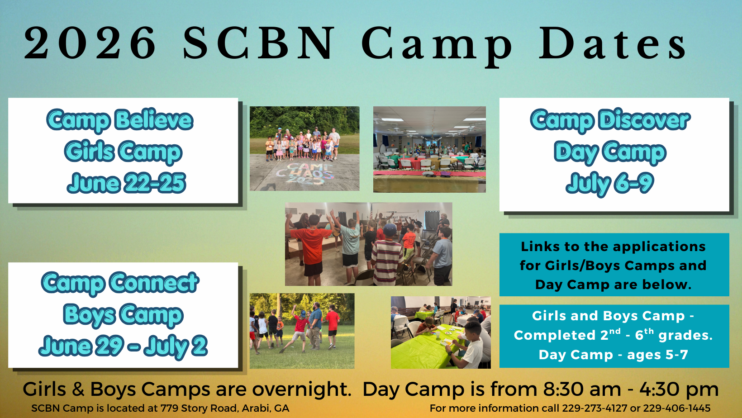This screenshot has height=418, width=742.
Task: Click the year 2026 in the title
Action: [90, 43]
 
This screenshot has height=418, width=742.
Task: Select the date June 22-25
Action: [126, 182]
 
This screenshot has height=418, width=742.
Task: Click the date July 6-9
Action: [610, 183]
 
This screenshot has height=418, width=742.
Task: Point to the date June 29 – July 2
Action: [123, 346]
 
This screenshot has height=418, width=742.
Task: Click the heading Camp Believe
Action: [120, 120]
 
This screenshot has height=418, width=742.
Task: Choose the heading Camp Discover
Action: [610, 120]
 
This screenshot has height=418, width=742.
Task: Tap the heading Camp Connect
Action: [120, 283]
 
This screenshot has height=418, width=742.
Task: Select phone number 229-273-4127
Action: [595, 408]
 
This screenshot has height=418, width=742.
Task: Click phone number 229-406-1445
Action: [676, 408]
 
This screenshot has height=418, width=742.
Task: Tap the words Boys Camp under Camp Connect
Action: [123, 315]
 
